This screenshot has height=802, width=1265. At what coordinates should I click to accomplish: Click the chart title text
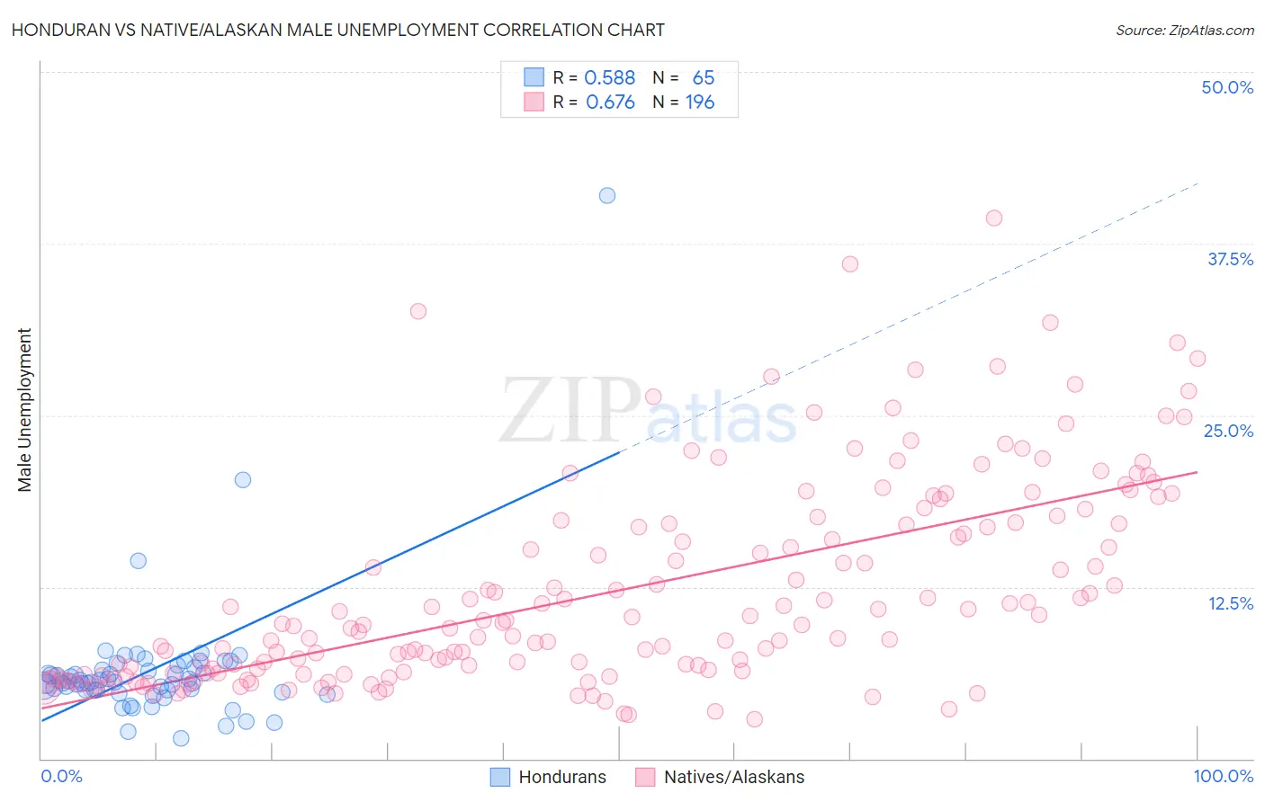(x=337, y=30)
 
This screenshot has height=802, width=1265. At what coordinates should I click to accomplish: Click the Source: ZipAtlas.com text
(x=1184, y=31)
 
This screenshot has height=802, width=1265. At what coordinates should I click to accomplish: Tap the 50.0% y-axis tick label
(x=1226, y=87)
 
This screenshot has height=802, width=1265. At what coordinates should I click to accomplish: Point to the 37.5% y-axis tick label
(x=1229, y=259)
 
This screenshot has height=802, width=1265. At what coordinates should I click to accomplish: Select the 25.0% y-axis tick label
(x=1227, y=431)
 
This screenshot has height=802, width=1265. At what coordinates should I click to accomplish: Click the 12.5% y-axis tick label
(x=1230, y=603)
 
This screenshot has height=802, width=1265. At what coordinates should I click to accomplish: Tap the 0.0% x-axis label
(x=61, y=776)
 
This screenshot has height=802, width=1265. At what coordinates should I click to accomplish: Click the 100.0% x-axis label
(x=1223, y=776)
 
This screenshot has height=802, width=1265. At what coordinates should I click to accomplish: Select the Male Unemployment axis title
(x=24, y=409)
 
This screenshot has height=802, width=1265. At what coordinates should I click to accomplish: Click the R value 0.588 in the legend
(x=609, y=78)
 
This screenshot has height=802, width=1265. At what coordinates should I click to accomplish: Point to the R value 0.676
(x=610, y=102)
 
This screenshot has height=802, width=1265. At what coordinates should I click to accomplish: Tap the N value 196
(x=700, y=102)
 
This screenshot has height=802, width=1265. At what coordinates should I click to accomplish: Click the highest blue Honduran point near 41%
(x=607, y=195)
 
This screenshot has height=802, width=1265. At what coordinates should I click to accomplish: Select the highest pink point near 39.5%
(x=994, y=218)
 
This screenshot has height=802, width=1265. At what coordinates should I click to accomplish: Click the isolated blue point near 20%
(x=243, y=479)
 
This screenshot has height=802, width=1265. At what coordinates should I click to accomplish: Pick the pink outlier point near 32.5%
(x=417, y=311)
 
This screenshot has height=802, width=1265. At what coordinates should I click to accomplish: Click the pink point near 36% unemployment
(x=850, y=263)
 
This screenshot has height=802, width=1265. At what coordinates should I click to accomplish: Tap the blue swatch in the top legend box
(x=534, y=77)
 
